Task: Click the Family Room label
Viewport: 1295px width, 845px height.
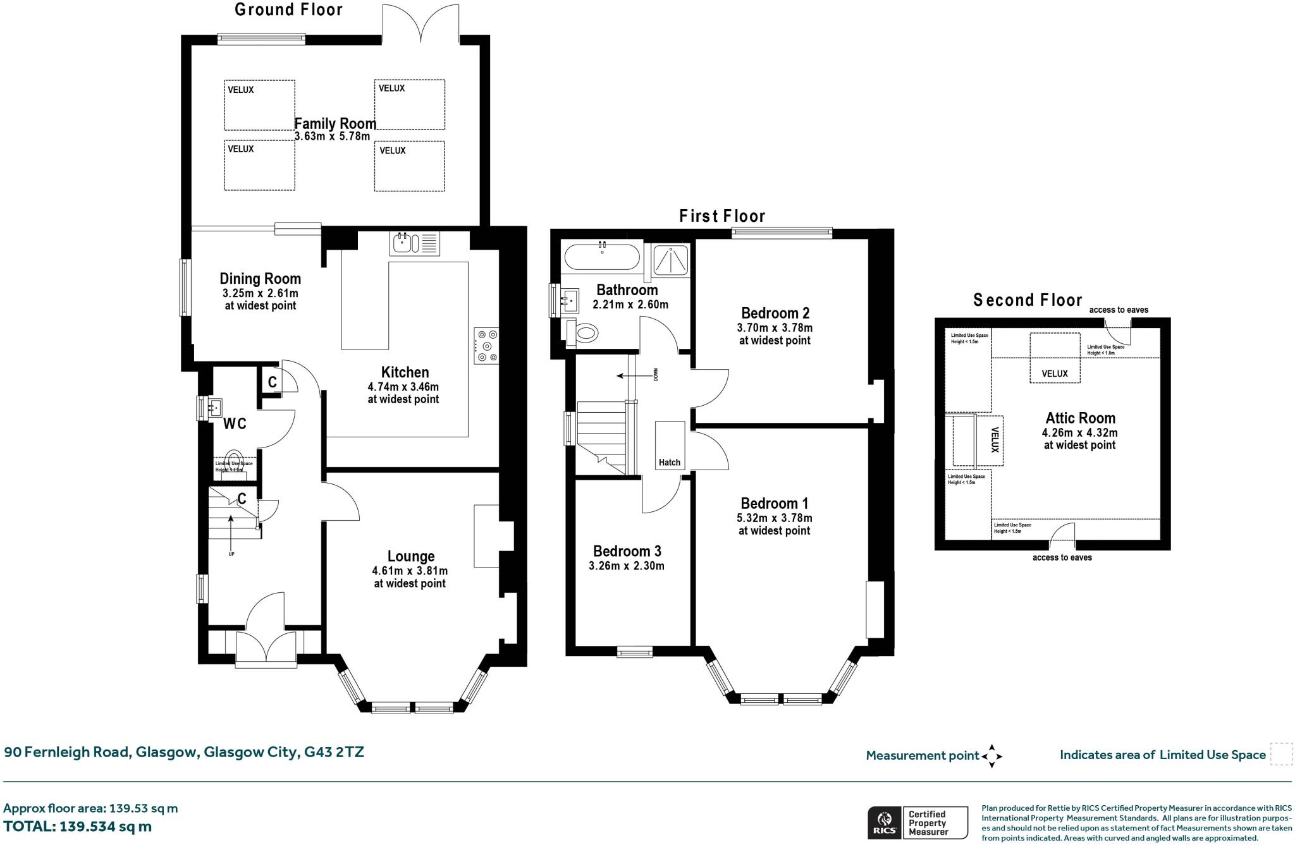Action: pos(335,124)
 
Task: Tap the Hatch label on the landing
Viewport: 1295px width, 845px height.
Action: pos(669,462)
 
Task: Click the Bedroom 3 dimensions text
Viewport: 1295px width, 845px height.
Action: pos(626,566)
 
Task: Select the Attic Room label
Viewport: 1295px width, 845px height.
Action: pos(1080,418)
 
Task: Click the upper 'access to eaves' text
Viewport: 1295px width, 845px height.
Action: pos(1118,310)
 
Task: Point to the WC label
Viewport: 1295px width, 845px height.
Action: pos(235,424)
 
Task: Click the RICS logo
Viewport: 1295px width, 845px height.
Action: pos(883,822)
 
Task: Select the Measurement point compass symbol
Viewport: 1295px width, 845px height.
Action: pos(991,756)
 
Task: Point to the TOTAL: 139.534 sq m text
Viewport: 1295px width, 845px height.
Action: pos(78,827)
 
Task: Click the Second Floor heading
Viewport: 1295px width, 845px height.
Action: pos(1028,300)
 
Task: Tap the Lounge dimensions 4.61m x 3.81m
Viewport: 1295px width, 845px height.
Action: pos(410,571)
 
